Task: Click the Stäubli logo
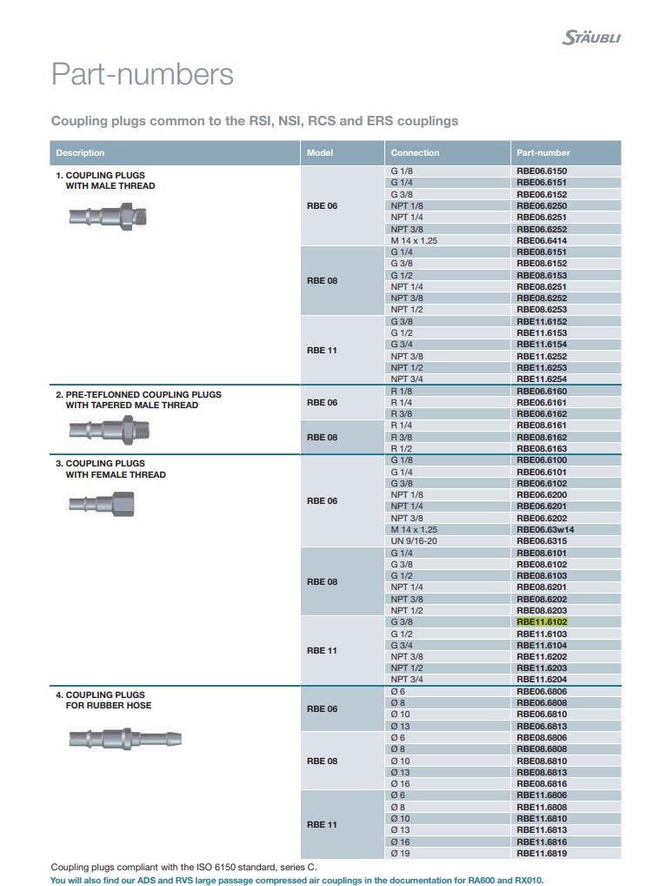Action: [x=591, y=37]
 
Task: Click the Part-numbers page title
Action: [x=142, y=74]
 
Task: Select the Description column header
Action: [x=80, y=153]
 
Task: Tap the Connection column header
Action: [x=415, y=153]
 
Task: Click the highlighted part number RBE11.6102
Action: [x=542, y=622]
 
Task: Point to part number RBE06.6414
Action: [x=542, y=240]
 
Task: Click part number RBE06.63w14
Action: [x=545, y=529]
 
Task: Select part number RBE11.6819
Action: [x=542, y=854]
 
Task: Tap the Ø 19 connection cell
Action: [x=400, y=854]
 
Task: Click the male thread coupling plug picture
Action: [x=108, y=216]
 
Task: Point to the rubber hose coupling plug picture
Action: [x=124, y=740]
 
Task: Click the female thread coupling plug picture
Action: [x=101, y=504]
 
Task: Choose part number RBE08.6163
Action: [x=542, y=449]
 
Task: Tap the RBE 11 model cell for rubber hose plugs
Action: [x=322, y=824]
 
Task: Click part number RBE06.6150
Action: [x=542, y=171]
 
